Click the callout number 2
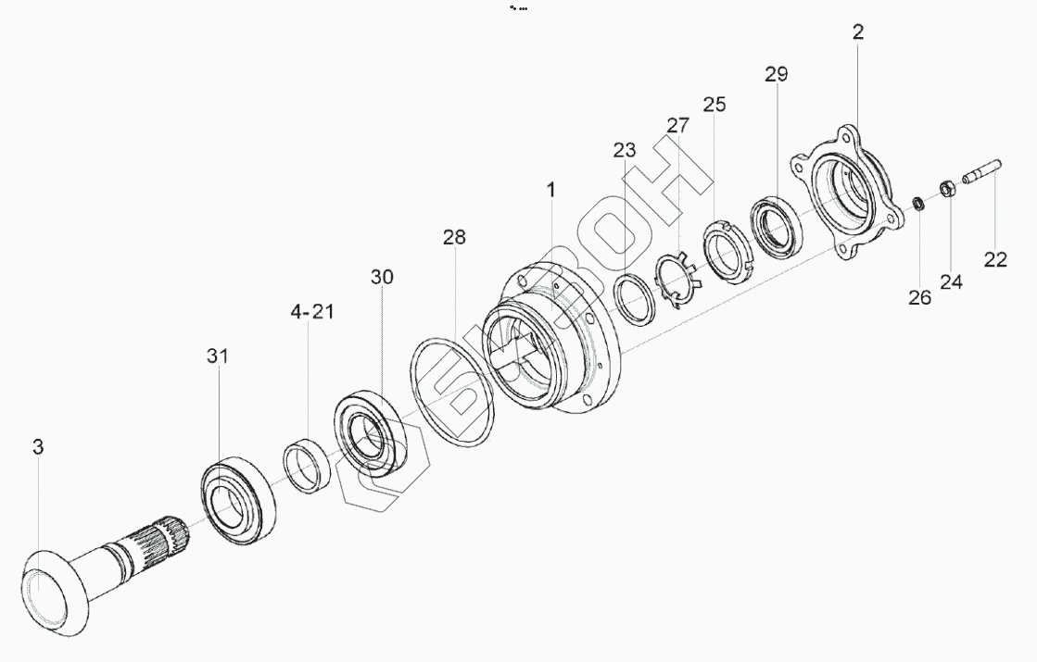tap(858, 32)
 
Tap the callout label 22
tap(994, 259)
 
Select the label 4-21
tap(312, 311)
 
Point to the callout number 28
tap(454, 236)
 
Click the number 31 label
tap(217, 356)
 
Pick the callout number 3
tap(38, 447)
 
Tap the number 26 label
tap(919, 298)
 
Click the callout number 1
tap(550, 191)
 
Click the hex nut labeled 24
tap(946, 188)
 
